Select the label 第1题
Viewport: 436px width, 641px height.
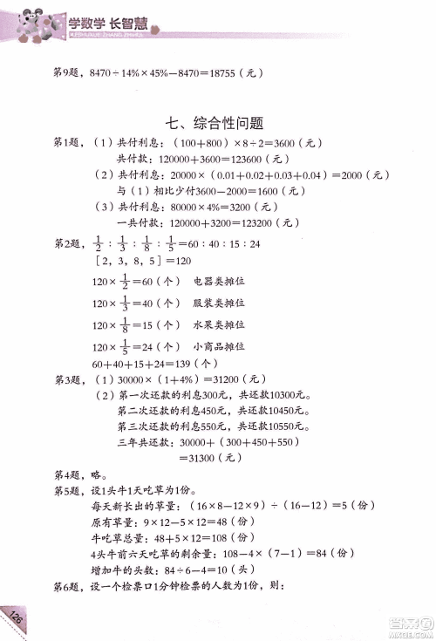click(67, 143)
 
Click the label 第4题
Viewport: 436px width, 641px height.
click(67, 475)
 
